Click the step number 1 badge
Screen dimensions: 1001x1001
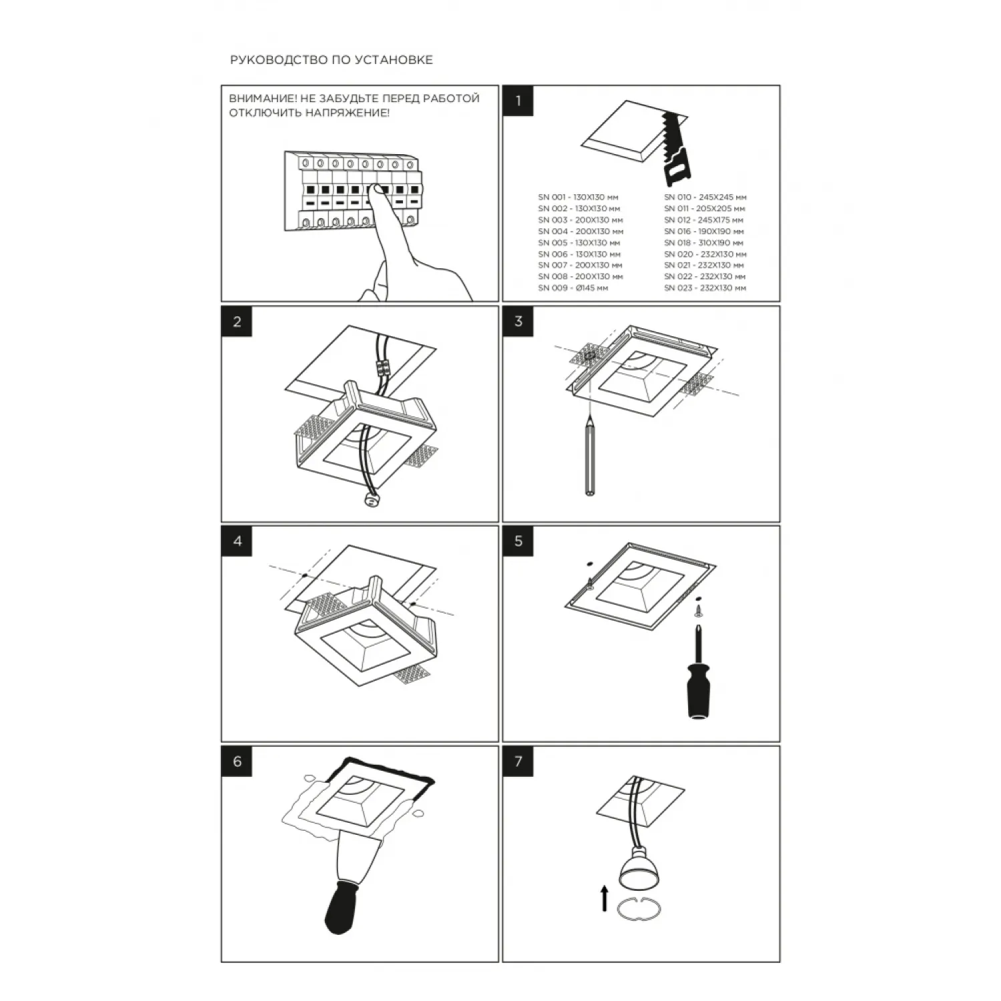click(x=519, y=101)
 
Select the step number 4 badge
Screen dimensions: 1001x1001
click(x=238, y=541)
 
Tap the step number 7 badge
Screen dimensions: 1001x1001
click(x=519, y=761)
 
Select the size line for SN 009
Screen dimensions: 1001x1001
click(x=573, y=288)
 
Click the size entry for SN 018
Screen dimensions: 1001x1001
click(x=703, y=243)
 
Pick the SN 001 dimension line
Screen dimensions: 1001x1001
click(x=578, y=198)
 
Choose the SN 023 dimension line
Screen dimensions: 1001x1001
click(x=705, y=288)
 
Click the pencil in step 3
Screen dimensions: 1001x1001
click(x=591, y=456)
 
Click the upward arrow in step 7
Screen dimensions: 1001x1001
click(x=605, y=898)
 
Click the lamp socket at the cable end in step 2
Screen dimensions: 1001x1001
click(x=369, y=500)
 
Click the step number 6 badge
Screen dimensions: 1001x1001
click(x=238, y=761)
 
